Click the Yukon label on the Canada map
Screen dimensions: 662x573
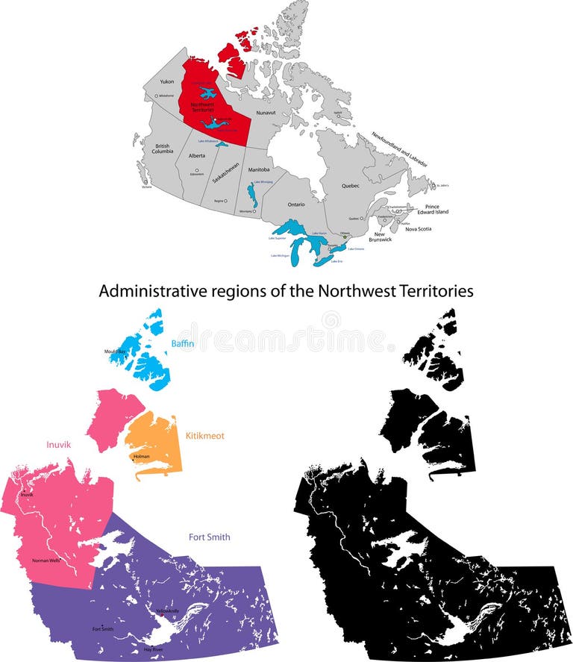click(167, 81)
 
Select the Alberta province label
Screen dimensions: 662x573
click(197, 156)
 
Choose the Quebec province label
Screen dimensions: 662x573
click(350, 185)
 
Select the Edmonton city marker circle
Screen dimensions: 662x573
click(197, 170)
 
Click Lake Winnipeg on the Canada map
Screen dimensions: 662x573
click(251, 196)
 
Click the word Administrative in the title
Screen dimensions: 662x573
click(145, 291)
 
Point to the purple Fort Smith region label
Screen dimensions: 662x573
click(209, 537)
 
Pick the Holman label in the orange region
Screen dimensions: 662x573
click(141, 456)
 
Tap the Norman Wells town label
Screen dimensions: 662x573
click(46, 560)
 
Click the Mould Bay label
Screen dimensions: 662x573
click(116, 351)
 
